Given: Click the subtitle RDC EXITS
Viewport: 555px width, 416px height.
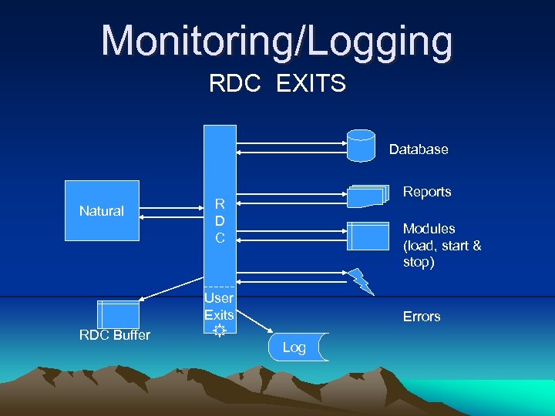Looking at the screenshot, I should point(277,83).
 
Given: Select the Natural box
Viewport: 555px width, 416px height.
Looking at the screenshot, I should point(102,210).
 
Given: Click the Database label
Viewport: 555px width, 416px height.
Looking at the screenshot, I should point(418,149).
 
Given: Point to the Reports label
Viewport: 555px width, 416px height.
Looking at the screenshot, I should point(427,192).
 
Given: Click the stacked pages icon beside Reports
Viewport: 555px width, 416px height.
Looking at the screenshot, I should point(366,196).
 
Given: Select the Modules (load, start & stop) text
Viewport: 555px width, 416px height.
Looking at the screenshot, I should point(441,245).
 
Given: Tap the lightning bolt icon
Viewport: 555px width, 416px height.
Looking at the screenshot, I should point(360,280).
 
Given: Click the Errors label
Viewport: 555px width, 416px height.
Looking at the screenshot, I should point(422,317).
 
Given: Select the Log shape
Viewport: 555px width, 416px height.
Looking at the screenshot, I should point(298,347).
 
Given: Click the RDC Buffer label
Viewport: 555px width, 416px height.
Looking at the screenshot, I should point(115,335).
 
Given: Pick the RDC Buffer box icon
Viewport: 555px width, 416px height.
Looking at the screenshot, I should point(118,314).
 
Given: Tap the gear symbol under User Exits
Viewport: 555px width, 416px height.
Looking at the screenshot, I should point(219,330).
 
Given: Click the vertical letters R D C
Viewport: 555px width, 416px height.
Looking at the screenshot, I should point(220,221).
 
